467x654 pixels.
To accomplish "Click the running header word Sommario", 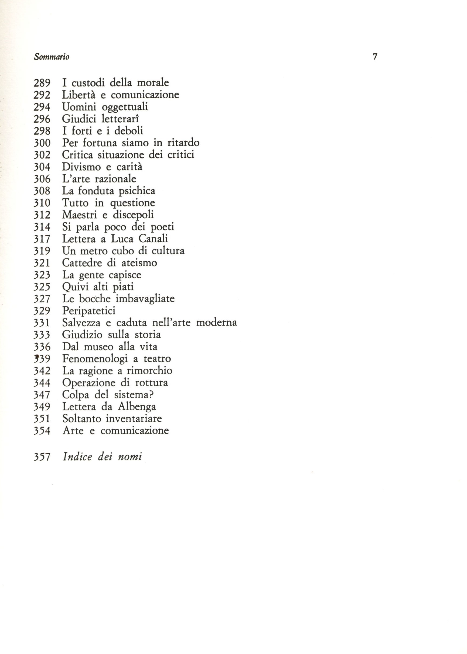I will pos(52,57).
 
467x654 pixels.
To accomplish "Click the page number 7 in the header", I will pos(375,57).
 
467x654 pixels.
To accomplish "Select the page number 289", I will pos(42,83).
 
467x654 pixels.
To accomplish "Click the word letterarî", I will pos(120,119).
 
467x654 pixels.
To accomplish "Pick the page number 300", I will pos(42,143).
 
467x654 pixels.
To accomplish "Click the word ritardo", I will pos(183,143).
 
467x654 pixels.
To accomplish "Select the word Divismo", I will pos(81,167).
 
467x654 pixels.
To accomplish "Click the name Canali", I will pos(153,239).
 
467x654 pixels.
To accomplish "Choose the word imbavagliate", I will pos(145,299).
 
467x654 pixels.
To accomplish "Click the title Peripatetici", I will pos(89,311).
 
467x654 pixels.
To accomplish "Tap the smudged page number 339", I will pos(42,359).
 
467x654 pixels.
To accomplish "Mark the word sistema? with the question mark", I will pos(134,395).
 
